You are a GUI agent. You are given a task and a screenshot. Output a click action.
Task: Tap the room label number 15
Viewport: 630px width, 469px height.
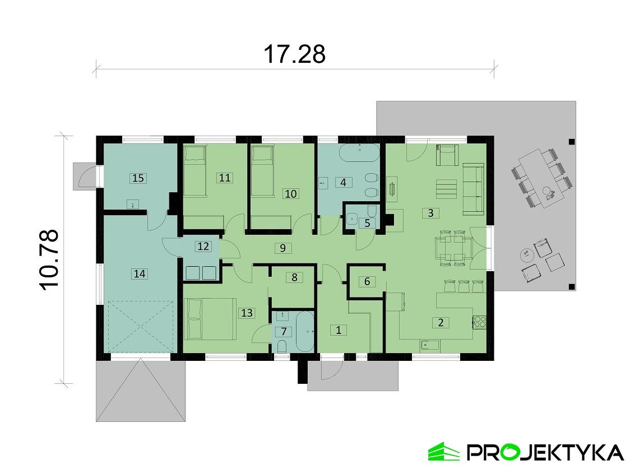(138, 178)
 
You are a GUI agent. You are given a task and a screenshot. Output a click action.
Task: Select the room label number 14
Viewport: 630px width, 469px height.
(139, 273)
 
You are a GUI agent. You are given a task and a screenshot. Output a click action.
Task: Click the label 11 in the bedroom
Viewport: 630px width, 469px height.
(225, 178)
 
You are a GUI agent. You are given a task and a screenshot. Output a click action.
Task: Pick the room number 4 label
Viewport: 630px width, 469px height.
(343, 182)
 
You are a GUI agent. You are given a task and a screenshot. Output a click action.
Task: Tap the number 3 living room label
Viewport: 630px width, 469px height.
(430, 213)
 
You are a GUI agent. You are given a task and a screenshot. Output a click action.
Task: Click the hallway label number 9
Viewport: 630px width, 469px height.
(283, 247)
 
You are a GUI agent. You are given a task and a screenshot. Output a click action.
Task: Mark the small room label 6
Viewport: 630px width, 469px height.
(367, 281)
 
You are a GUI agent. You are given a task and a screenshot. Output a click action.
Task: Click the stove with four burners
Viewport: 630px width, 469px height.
(480, 322)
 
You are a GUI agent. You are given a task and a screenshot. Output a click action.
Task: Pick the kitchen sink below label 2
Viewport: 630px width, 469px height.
(429, 345)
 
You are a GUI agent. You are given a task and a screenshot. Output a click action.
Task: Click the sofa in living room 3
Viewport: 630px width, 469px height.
(474, 189)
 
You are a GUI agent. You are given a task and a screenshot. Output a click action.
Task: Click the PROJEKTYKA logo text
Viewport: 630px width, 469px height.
(544, 452)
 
